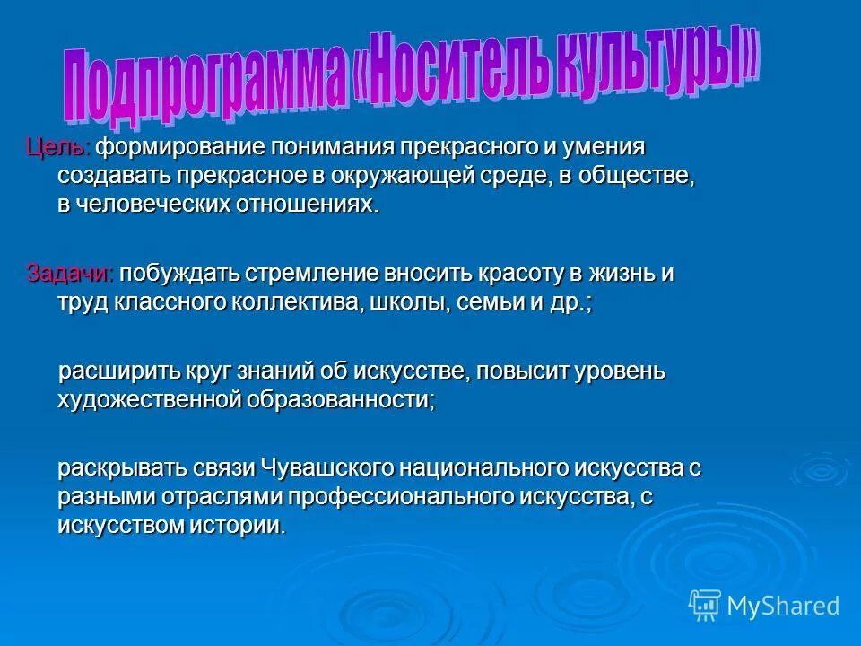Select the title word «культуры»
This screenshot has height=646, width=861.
pyautogui.click(x=674, y=63)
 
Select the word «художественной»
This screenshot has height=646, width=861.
pyautogui.click(x=151, y=400)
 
